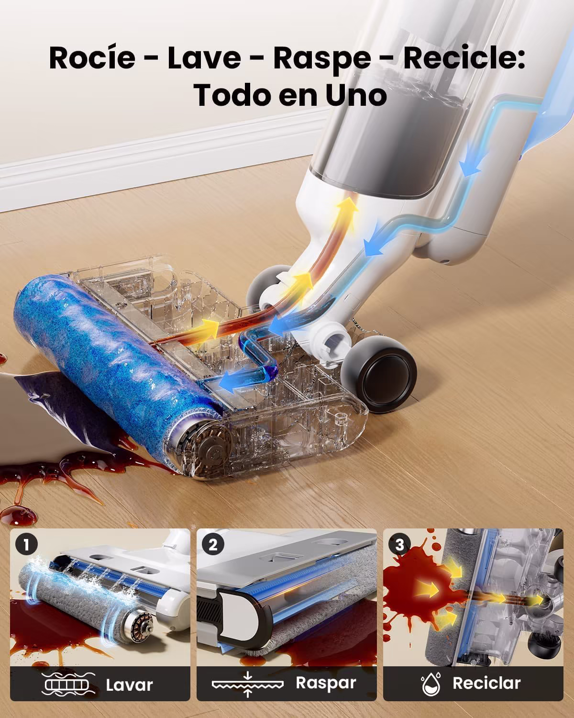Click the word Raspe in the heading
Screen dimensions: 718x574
pyautogui.click(x=322, y=59)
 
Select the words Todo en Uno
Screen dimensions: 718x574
pyautogui.click(x=290, y=95)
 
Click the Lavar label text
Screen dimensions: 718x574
pyautogui.click(x=129, y=685)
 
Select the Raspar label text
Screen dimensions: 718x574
pyautogui.click(x=326, y=683)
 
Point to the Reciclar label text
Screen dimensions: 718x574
pyautogui.click(x=486, y=683)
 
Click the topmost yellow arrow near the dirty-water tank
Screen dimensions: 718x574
pyautogui.click(x=348, y=209)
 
